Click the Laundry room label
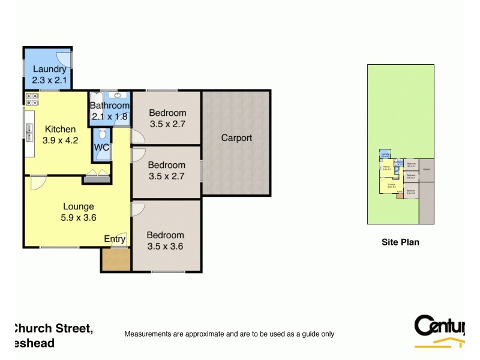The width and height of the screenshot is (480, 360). (x=49, y=69)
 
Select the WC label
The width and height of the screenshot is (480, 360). (x=101, y=148)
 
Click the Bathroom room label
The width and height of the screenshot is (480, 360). (x=109, y=106)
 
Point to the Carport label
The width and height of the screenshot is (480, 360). (x=236, y=138)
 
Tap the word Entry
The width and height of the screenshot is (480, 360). (x=115, y=238)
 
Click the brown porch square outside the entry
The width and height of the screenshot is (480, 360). (x=115, y=259)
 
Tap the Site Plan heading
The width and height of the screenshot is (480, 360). (x=400, y=242)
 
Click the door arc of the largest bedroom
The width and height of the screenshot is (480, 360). (x=137, y=208)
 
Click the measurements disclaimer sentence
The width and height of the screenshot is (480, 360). (x=229, y=334)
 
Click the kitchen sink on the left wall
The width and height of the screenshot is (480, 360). (x=28, y=128)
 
